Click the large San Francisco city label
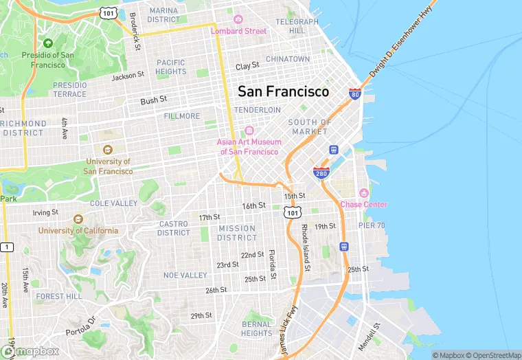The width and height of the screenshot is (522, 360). point(283,91)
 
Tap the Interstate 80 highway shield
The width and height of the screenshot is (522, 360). point(354,93)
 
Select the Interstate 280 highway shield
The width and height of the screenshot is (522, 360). point(321,172)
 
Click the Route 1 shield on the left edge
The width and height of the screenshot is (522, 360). point(7,247)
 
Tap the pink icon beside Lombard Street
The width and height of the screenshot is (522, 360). point(238,19)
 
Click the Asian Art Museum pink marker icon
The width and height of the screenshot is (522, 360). point(249,131)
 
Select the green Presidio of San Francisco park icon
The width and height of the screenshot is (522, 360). point(48,43)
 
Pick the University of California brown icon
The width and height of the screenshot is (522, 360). point(77,219)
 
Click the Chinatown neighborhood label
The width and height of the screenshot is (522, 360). point(288,59)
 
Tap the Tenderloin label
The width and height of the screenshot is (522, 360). point(258,110)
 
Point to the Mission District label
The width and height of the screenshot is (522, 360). point(237,233)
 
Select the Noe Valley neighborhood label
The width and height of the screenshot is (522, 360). point(185,275)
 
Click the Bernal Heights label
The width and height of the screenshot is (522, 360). point(257,328)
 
